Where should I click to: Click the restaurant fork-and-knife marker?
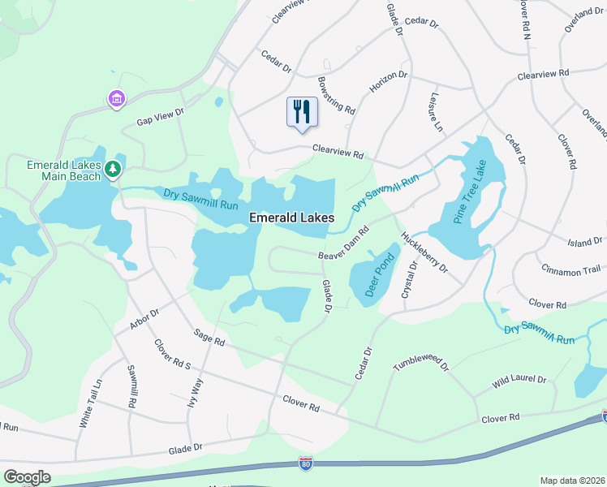coord(302,112)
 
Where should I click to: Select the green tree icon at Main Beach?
coord(113,169)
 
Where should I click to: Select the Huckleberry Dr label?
coord(424,252)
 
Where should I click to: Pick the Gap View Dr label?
coord(161,118)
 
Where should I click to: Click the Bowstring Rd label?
coord(336,95)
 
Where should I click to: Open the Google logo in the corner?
coord(28,477)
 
